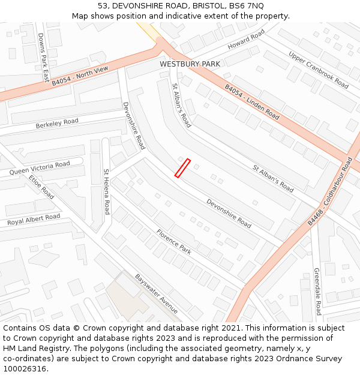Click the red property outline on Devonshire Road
point(182,168)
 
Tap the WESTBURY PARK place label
point(190,64)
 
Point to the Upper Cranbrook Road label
point(318,70)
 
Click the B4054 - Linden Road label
point(252,101)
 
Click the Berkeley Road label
point(57,124)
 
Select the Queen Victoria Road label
point(40,168)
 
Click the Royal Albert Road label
point(34,220)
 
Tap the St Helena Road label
point(107,191)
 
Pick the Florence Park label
point(174,242)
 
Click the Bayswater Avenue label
point(157,293)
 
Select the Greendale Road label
point(317,292)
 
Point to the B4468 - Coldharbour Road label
point(330,191)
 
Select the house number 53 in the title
point(102,5)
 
